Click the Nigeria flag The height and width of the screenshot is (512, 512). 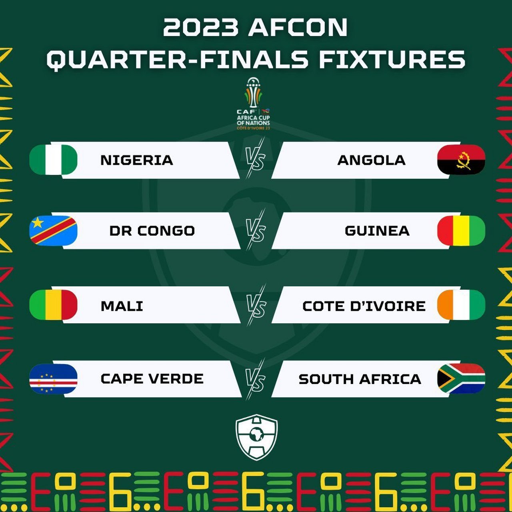pyautogui.click(x=53, y=160)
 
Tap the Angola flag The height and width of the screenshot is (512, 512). pyautogui.click(x=461, y=160)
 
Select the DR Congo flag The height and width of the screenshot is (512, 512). pyautogui.click(x=53, y=230)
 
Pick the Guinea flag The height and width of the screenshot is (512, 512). pyautogui.click(x=461, y=230)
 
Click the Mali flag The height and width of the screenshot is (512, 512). pyautogui.click(x=53, y=304)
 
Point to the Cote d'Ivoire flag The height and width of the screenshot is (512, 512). pyautogui.click(x=461, y=304)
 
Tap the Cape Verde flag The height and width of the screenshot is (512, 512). pyautogui.click(x=53, y=379)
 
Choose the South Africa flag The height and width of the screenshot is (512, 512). pyautogui.click(x=461, y=379)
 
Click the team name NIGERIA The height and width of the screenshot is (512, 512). pyautogui.click(x=137, y=160)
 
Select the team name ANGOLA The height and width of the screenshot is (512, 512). pyautogui.click(x=372, y=160)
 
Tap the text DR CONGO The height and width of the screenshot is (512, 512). pyautogui.click(x=152, y=231)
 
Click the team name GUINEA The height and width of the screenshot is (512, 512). pyautogui.click(x=377, y=231)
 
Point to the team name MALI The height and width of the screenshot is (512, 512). pyautogui.click(x=122, y=306)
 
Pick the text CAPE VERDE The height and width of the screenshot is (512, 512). pyautogui.click(x=152, y=379)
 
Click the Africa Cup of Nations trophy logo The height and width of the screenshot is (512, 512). pyautogui.click(x=254, y=104)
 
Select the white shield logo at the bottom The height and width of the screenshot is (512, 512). pyautogui.click(x=257, y=437)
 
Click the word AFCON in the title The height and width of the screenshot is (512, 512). pyautogui.click(x=298, y=27)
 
